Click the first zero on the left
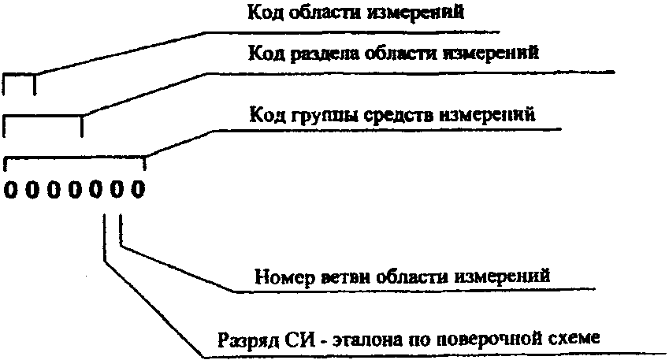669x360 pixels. [9, 190]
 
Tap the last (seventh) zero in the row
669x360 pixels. [139, 190]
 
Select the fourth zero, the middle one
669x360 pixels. [74, 190]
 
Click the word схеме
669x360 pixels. [567, 340]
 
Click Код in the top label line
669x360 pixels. [262, 12]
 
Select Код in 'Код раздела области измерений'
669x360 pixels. [262, 54]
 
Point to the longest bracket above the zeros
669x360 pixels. [75, 160]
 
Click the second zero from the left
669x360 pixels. [31, 190]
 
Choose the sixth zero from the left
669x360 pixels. [117, 190]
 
